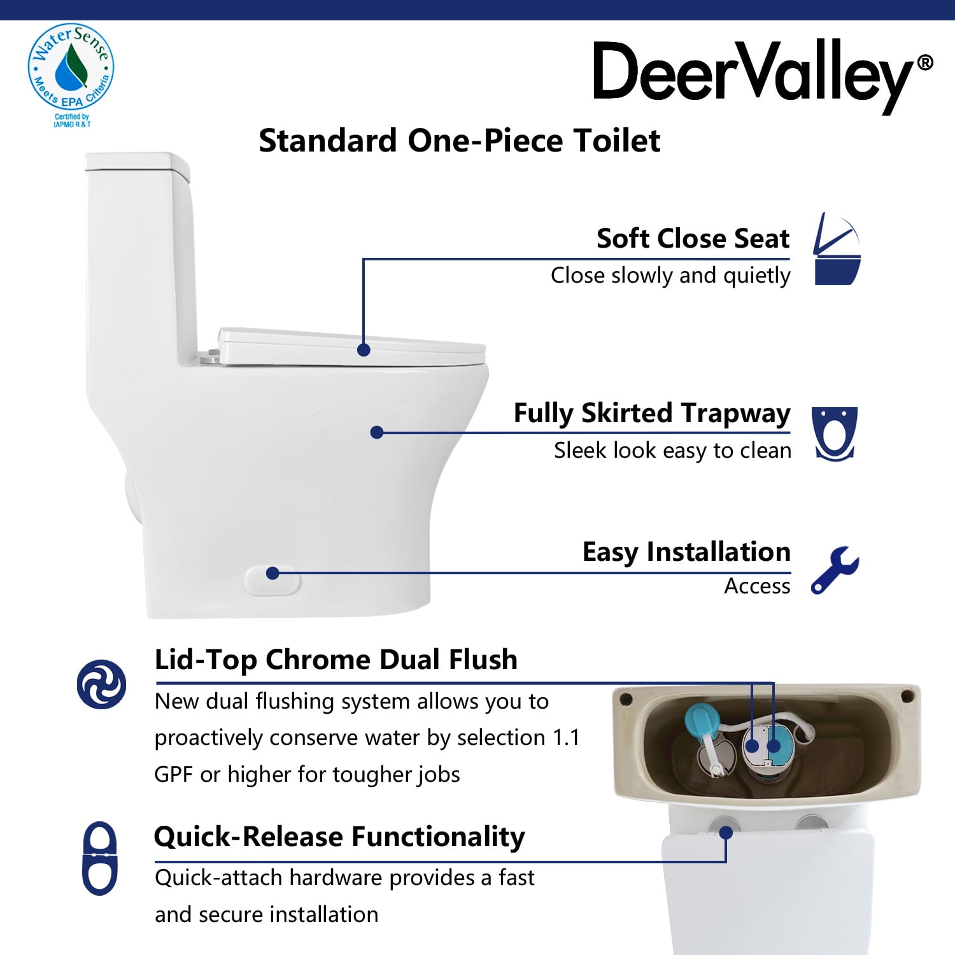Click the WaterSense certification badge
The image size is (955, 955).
pos(71,70)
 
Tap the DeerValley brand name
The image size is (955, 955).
pos(753,73)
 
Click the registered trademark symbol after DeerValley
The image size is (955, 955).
pos(925,62)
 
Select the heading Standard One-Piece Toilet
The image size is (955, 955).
pos(459,141)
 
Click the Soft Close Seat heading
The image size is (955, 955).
pos(693,239)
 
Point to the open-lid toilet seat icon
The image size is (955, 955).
pos(837,249)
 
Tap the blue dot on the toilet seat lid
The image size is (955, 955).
pos(364,350)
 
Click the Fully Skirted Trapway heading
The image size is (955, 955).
pos(651,413)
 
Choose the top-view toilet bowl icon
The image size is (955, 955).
pos(834,433)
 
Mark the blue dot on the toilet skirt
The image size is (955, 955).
pos(376,432)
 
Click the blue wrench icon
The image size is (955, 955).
pos(835,570)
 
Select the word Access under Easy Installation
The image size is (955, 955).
pos(757,586)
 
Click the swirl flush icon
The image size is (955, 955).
pos(101,684)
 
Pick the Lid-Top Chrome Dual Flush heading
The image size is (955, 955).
pos(336,660)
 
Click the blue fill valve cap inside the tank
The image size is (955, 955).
pos(702,719)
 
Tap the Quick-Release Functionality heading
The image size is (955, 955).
pos(339,837)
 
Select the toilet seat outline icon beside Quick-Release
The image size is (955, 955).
pos(100,858)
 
